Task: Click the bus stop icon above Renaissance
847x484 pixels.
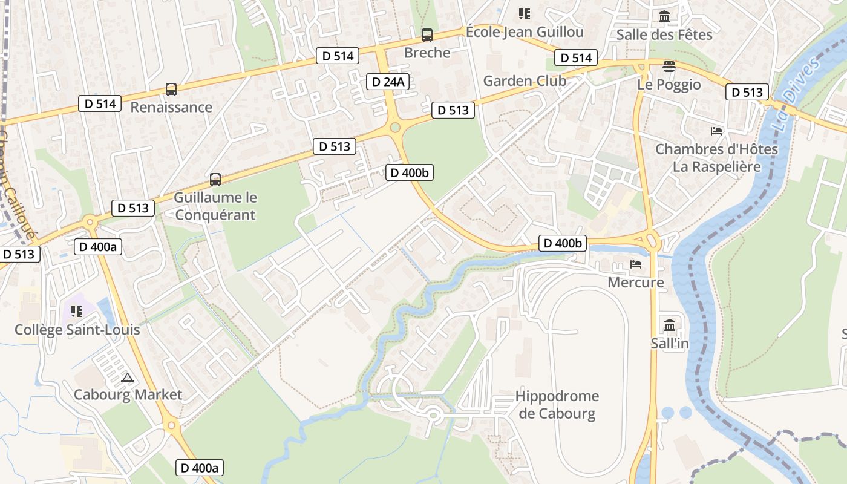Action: tap(171, 90)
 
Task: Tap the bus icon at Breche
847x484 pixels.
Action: tap(427, 35)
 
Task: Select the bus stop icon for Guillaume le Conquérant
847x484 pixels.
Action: tap(215, 180)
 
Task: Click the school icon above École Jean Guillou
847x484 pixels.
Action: tap(525, 13)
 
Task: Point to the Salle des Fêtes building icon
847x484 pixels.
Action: tap(664, 17)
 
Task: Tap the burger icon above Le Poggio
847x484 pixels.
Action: tap(669, 66)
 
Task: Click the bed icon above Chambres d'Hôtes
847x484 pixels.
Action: tap(716, 131)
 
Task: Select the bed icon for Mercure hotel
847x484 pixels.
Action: tap(636, 264)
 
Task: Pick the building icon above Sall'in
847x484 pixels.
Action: tap(670, 325)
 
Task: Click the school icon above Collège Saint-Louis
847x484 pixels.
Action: tap(77, 312)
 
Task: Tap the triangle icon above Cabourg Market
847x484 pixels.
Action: tap(127, 378)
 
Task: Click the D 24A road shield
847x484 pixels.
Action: tap(388, 82)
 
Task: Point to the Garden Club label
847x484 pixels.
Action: tap(525, 81)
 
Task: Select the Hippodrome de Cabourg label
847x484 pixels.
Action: tap(557, 405)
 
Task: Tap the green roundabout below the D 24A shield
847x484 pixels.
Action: tap(396, 127)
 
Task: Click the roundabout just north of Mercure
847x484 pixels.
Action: tap(653, 240)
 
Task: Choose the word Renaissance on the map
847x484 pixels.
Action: tap(171, 108)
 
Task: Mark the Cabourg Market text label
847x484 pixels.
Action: tap(128, 395)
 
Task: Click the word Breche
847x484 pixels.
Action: tap(427, 53)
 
